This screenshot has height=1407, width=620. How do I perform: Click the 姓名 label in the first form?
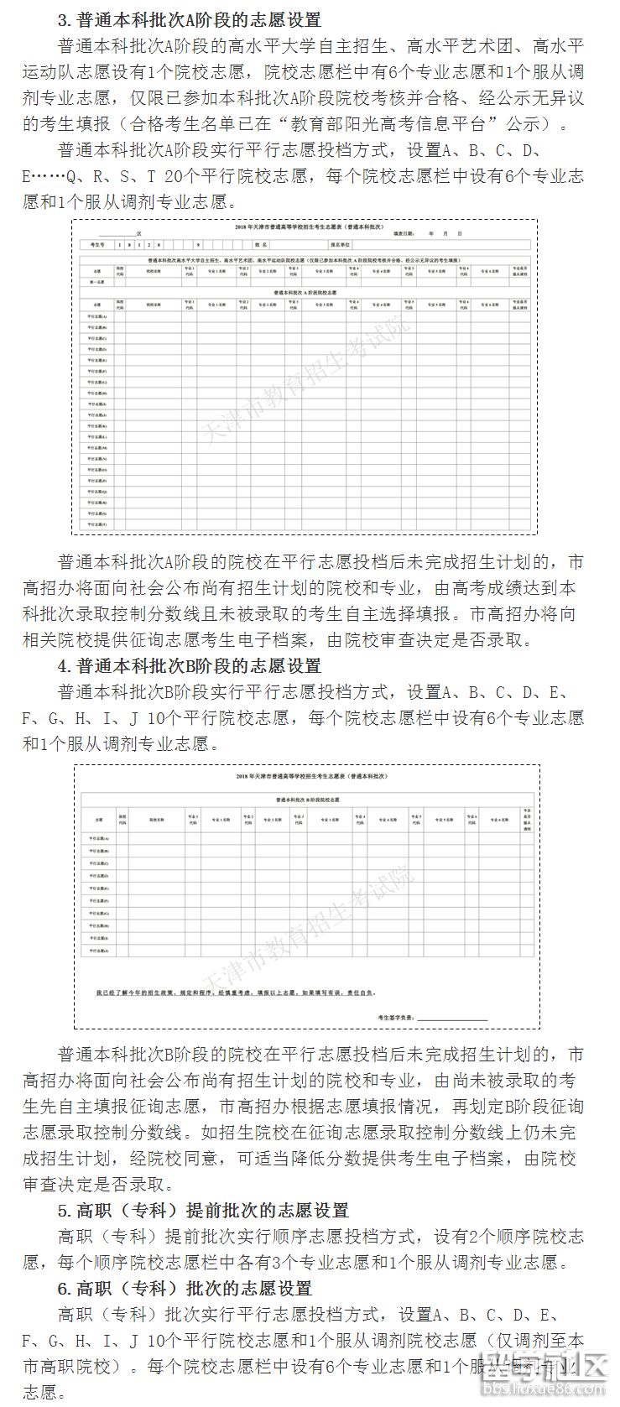[x=260, y=245]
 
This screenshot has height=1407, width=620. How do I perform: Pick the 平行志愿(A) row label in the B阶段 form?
[x=99, y=837]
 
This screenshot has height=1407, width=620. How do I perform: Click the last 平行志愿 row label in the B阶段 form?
[x=99, y=951]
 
